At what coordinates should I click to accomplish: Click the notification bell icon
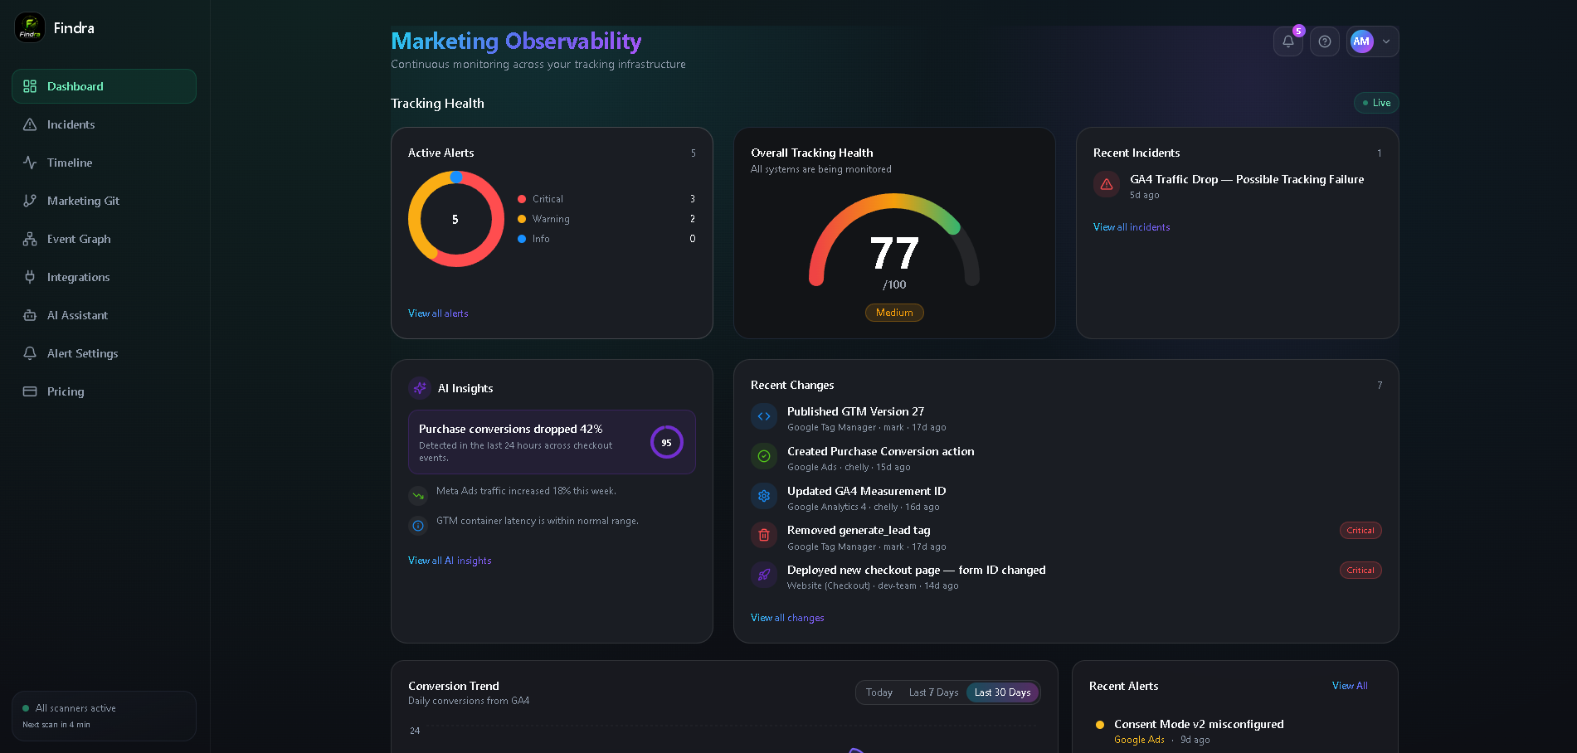click(x=1288, y=41)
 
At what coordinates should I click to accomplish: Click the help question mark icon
click(x=1325, y=41)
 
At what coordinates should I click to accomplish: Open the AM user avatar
click(x=1361, y=41)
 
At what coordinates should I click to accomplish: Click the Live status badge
click(x=1376, y=103)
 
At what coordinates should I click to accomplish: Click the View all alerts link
click(x=438, y=313)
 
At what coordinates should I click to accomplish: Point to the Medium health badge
click(x=894, y=313)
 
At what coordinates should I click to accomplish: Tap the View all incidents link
click(x=1132, y=227)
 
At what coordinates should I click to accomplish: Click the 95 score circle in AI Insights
click(x=666, y=442)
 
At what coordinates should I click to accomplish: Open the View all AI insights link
click(x=450, y=561)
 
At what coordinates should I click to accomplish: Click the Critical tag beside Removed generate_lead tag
click(x=1360, y=531)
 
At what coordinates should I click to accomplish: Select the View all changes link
click(x=787, y=618)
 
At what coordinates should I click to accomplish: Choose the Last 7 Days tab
click(x=933, y=692)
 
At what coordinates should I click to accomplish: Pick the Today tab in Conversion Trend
click(x=879, y=692)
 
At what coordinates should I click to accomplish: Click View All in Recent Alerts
click(x=1350, y=686)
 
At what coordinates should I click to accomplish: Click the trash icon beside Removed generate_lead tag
click(x=764, y=535)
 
